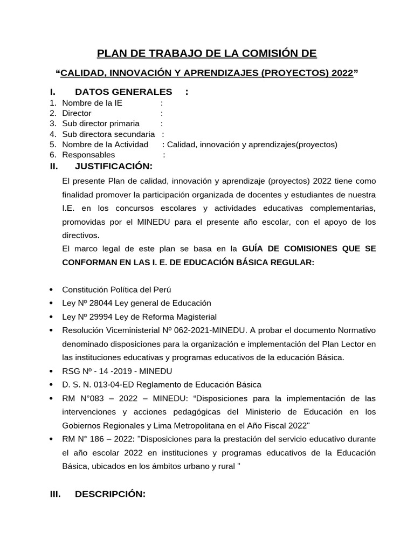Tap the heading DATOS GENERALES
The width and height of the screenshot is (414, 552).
point(123,92)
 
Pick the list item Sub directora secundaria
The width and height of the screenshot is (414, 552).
point(108,134)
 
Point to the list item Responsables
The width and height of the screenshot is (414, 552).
point(88,155)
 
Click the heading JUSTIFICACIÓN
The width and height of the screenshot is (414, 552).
point(113,165)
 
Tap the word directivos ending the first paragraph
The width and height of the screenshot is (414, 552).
point(81,236)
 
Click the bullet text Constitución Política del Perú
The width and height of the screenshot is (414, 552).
point(117,289)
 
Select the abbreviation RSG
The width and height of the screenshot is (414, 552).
point(71,371)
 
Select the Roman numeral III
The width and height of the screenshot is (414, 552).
point(55,494)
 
